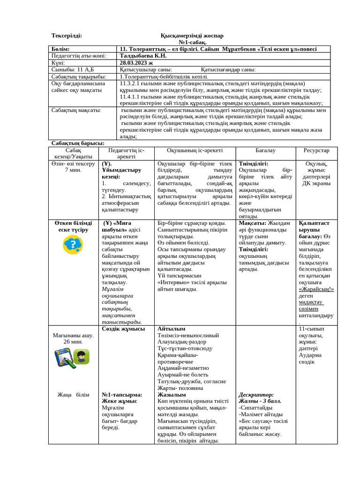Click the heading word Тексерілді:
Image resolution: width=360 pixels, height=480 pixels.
pyautogui.click(x=67, y=36)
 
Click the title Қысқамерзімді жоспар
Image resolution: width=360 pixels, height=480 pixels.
pyautogui.click(x=192, y=36)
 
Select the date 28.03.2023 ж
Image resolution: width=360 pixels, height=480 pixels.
pyautogui.click(x=136, y=62)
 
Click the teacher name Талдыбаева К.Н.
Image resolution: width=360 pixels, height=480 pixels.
pyautogui.click(x=143, y=55)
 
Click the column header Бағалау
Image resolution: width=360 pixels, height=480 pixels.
pyautogui.click(x=265, y=150)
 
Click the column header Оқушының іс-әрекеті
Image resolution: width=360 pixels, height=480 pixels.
pyautogui.click(x=195, y=150)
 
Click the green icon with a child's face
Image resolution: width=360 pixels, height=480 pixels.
pyautogui.click(x=82, y=357)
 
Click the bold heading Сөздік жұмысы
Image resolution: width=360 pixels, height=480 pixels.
pyautogui.click(x=123, y=329)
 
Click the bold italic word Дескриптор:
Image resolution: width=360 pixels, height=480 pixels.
pyautogui.click(x=256, y=395)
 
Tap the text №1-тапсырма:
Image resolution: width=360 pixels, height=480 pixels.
pyautogui.click(x=122, y=395)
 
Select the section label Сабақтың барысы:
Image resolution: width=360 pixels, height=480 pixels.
pyautogui.click(x=77, y=143)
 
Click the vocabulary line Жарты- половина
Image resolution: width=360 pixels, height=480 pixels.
pyautogui.click(x=180, y=388)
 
